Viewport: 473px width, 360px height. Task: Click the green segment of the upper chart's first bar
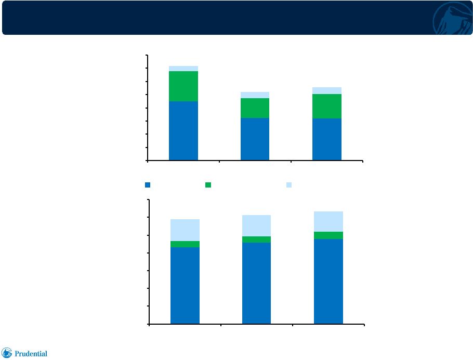[x=183, y=86]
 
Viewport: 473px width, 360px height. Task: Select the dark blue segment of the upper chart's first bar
[x=183, y=130]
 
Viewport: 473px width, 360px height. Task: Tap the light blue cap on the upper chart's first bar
[x=183, y=69]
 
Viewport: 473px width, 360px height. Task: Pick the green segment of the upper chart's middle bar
[x=255, y=108]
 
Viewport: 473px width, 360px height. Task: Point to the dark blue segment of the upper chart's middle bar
[x=255, y=139]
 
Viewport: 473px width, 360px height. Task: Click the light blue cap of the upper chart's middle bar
[x=255, y=95]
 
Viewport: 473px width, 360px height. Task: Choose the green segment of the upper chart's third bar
[x=327, y=106]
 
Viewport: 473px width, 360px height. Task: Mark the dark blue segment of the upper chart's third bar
[x=327, y=139]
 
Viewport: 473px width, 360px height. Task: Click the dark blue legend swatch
[x=148, y=185]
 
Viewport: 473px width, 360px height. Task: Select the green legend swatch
[x=208, y=185]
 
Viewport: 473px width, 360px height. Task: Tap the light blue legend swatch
[x=289, y=185]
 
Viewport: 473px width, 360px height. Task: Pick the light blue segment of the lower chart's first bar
[x=185, y=230]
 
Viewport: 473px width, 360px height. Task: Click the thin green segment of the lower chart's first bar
[x=185, y=244]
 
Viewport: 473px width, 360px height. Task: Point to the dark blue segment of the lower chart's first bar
[x=185, y=286]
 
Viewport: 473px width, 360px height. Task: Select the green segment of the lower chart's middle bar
[x=256, y=239]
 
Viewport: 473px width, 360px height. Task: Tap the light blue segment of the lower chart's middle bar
[x=256, y=225]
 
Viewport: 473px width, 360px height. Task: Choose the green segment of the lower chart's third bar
[x=329, y=235]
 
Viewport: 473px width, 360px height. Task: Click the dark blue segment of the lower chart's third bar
[x=329, y=282]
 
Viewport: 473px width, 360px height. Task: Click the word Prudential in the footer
[x=31, y=354]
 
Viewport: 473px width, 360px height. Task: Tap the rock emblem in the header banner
[x=453, y=19]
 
